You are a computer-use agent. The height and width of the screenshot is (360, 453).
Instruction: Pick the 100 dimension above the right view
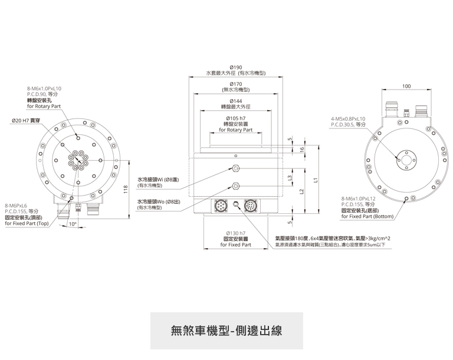[x=406, y=86]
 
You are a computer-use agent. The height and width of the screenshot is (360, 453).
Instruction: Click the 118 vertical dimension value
[x=126, y=189]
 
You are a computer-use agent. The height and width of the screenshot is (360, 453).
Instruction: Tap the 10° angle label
[x=73, y=224]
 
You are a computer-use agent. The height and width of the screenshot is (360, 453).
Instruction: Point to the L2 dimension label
[x=301, y=191]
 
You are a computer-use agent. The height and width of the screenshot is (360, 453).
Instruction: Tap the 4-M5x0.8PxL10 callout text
[x=349, y=119]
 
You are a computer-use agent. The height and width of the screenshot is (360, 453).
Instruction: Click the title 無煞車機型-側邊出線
[x=226, y=329]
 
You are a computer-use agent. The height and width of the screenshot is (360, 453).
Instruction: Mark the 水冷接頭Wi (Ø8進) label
[x=158, y=179]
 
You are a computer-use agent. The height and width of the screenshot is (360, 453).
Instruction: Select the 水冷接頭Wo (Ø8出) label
[x=159, y=202]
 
